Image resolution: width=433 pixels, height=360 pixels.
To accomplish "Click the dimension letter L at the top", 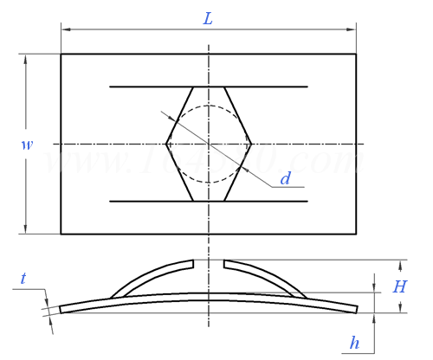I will coord(208,18).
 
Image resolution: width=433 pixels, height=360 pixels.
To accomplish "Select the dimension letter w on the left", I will coord(28,145).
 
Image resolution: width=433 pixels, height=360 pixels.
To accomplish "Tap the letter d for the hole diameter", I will coord(285,179).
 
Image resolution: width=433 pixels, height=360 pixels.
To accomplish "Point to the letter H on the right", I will coord(399,286).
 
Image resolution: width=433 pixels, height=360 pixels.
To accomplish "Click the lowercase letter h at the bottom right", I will coord(354,343).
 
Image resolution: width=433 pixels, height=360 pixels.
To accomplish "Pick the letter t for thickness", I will coord(23,278).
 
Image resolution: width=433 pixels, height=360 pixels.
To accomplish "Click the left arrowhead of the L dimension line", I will coord(65,31).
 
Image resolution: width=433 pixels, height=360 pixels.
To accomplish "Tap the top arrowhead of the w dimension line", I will coord(25,59).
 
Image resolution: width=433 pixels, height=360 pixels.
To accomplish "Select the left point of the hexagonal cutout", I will coord(166,144).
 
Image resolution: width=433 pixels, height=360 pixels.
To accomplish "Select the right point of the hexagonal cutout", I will coord(251,144).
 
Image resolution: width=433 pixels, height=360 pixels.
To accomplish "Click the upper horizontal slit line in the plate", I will coord(139,87).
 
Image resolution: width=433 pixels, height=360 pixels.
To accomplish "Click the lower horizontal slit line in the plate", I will coord(139,201).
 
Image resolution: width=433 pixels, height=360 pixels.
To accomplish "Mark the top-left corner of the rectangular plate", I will coord(61,55).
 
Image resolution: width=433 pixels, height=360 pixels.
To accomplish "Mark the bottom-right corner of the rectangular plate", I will coord(356,234).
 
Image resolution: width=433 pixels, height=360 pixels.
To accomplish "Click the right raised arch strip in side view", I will coord(273,276).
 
